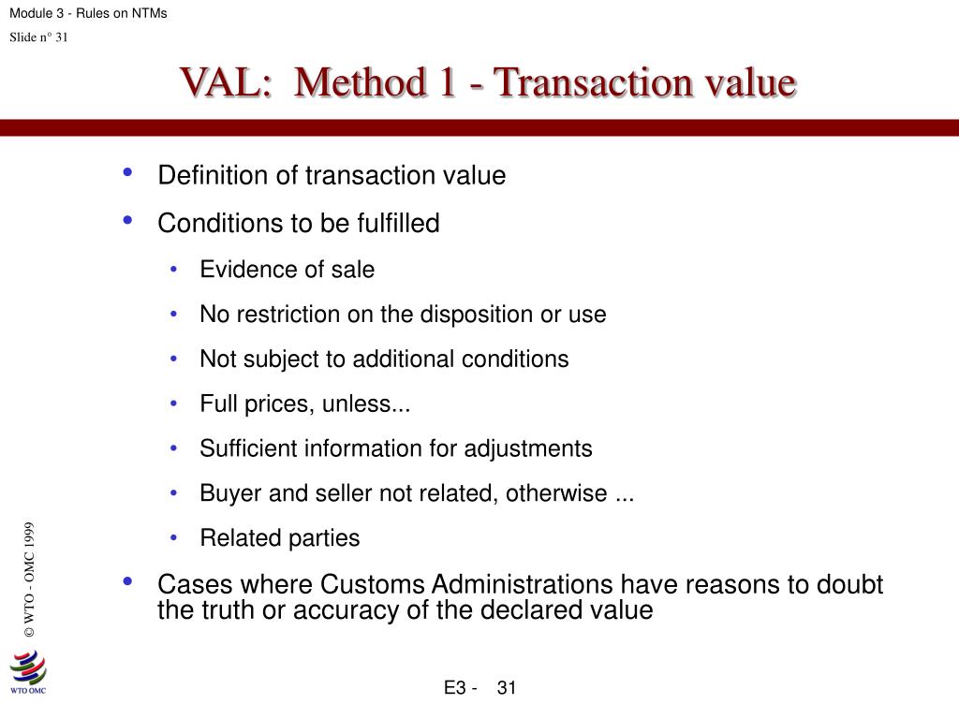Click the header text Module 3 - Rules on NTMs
pyautogui.click(x=88, y=13)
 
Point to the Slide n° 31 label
pyautogui.click(x=38, y=37)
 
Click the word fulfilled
pyautogui.click(x=398, y=224)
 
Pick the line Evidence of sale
pyautogui.click(x=287, y=271)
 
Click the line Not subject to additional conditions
pyautogui.click(x=384, y=359)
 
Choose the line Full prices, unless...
pyautogui.click(x=305, y=404)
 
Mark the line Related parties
pyautogui.click(x=279, y=538)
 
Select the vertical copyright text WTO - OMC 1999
pyautogui.click(x=29, y=580)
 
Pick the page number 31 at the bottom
pyautogui.click(x=507, y=689)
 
